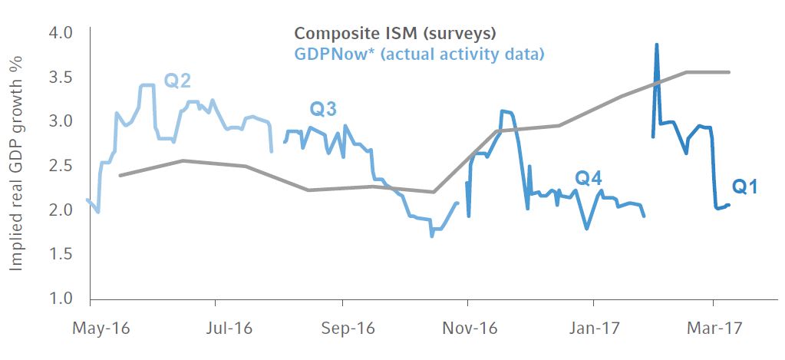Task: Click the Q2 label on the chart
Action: (177, 81)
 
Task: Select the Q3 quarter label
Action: (323, 110)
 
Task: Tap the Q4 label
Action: (588, 179)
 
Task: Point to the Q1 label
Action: (744, 187)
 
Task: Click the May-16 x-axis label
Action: (101, 329)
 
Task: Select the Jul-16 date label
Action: (229, 329)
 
